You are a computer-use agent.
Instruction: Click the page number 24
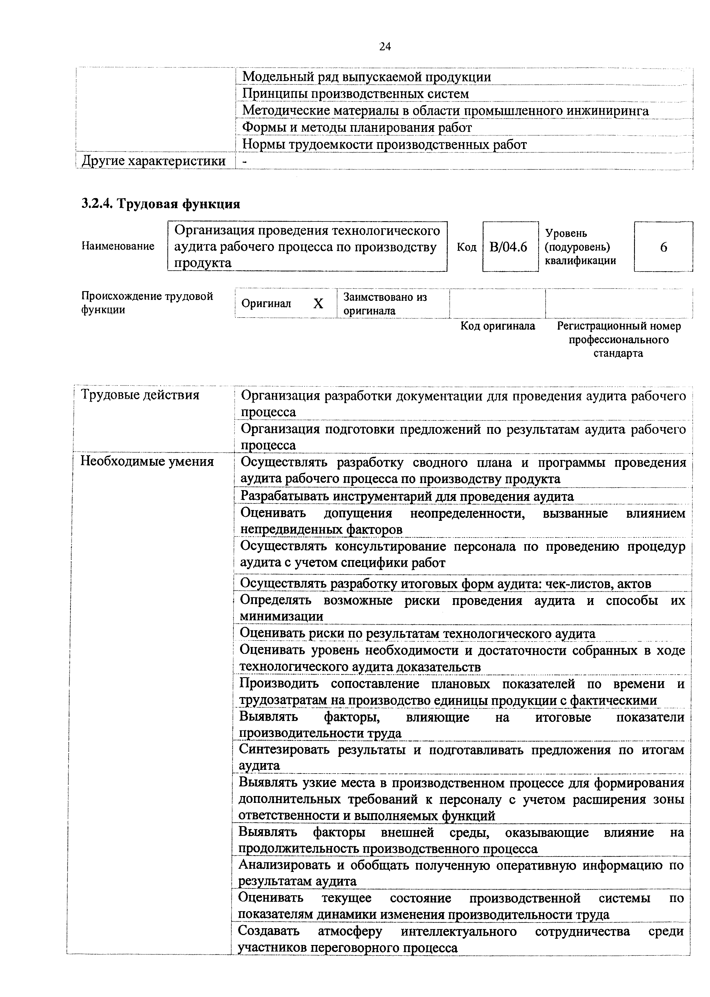tap(385, 46)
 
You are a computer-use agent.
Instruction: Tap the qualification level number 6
tap(663, 247)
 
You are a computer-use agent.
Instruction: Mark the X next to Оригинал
tap(318, 303)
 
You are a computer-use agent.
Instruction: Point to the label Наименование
tap(118, 246)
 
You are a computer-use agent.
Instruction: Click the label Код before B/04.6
tap(467, 247)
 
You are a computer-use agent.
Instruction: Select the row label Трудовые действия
tap(140, 395)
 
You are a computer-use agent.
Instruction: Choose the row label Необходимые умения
tap(147, 461)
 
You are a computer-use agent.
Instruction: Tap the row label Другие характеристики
tap(154, 161)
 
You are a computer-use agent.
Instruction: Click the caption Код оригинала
tap(498, 326)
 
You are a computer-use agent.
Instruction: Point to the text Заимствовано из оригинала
tap(385, 304)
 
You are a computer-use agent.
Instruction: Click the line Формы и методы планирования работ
tap(357, 128)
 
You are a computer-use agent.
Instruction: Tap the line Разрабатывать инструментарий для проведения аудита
tap(406, 496)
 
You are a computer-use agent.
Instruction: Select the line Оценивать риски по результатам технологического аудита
tap(418, 633)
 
